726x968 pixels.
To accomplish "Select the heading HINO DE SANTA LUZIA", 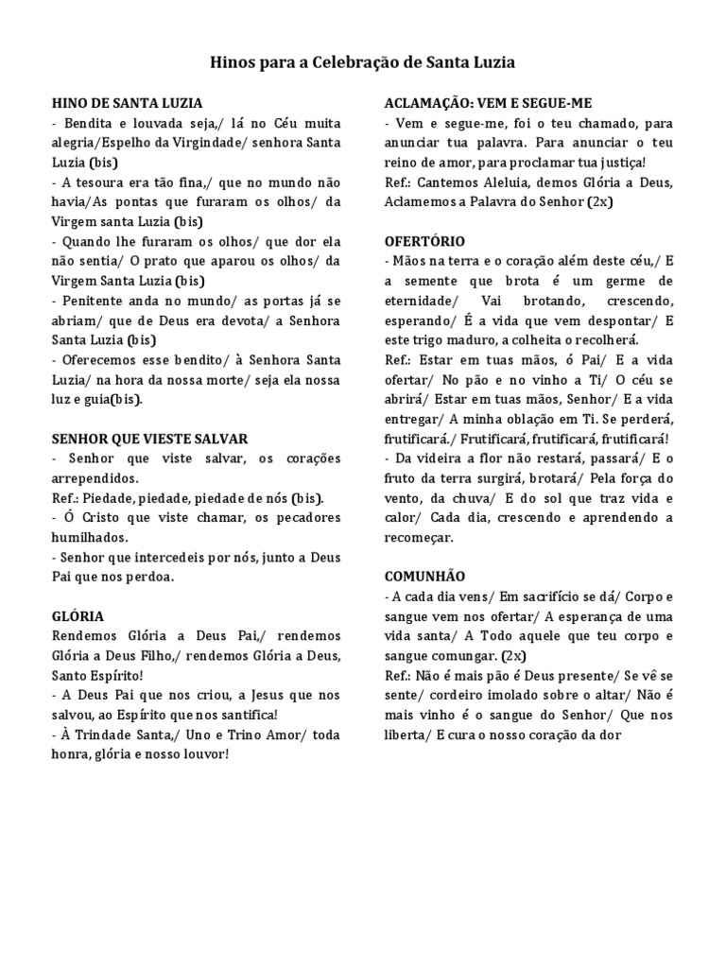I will (x=126, y=102).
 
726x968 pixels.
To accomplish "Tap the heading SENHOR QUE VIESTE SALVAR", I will (x=149, y=439).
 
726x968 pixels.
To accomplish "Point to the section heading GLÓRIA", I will (x=78, y=615).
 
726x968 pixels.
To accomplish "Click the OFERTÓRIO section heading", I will (x=425, y=241).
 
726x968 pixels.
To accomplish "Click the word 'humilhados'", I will (x=90, y=537).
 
